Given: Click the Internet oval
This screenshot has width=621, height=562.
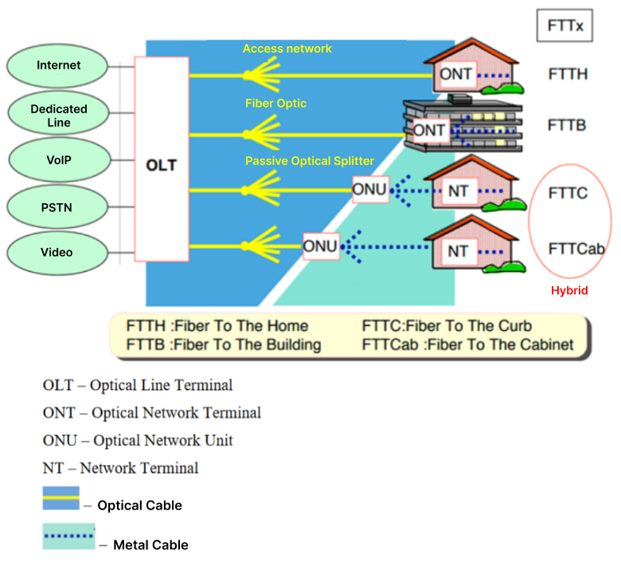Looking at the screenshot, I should pos(59,65).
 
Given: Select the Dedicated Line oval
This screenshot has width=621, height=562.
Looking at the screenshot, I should pos(59,116).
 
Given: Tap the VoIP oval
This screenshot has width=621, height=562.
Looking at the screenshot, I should pos(59,160).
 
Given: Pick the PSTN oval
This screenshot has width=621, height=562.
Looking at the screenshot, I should pos(59,206).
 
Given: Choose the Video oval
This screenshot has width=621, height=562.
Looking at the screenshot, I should pos(57,253).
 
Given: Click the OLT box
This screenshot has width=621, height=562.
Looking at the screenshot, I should pos(162,166).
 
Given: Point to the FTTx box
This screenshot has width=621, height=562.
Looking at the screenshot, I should pos(565,26).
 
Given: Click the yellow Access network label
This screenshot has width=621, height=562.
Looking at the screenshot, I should pos(287,49).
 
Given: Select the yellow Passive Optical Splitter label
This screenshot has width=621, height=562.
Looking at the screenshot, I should pos(310,161).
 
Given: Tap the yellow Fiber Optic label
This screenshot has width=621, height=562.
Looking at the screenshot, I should pos(275,104).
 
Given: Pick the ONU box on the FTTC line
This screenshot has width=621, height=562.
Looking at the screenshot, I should pos(369,190).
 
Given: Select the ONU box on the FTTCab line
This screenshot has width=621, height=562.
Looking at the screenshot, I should pos(320,246).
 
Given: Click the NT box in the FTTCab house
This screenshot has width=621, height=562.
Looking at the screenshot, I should pos(458,252).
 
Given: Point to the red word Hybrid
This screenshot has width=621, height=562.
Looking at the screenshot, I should pos(569,291).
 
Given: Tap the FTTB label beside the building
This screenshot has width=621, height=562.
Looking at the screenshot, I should pos(567,125).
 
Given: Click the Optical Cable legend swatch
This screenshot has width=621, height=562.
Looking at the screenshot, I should pos(61,498).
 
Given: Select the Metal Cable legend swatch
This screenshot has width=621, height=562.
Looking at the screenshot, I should pos(68,536).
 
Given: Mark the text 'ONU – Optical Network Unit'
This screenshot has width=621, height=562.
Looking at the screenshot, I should pos(138,441).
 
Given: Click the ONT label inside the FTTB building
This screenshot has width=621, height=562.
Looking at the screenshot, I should pos(430,130).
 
